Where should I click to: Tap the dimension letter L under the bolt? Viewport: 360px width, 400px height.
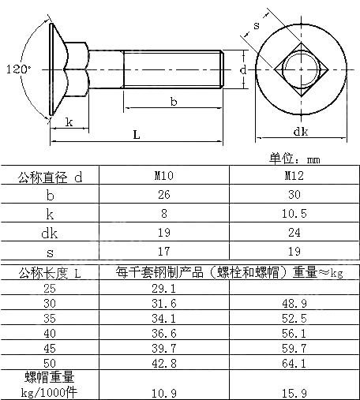pos(137,135)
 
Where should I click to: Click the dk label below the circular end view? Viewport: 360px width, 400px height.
pos(300,131)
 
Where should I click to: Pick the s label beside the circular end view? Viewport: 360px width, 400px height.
pos(257,26)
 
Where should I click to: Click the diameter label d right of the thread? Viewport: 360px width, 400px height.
pos(244,70)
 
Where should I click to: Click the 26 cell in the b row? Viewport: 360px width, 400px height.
pos(164,195)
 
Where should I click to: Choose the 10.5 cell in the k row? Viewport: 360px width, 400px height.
pos(294,213)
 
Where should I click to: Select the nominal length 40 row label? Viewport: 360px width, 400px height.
pos(51,334)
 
